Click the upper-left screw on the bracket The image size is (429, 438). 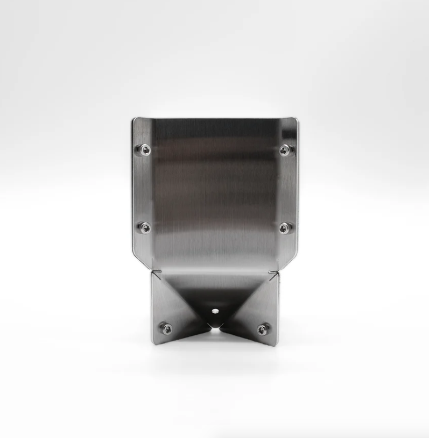click(x=144, y=149)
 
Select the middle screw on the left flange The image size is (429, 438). click(x=145, y=228)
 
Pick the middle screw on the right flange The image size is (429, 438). click(x=284, y=228)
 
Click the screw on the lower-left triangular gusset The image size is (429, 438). click(x=166, y=328)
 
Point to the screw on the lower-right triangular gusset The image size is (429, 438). click(x=263, y=329)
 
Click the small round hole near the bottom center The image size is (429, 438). click(x=214, y=310)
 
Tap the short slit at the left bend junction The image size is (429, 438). click(x=154, y=274)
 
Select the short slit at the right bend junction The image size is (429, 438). click(x=275, y=274)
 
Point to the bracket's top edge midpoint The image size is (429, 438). click(x=215, y=118)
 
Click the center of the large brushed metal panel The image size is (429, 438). click(x=215, y=193)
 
